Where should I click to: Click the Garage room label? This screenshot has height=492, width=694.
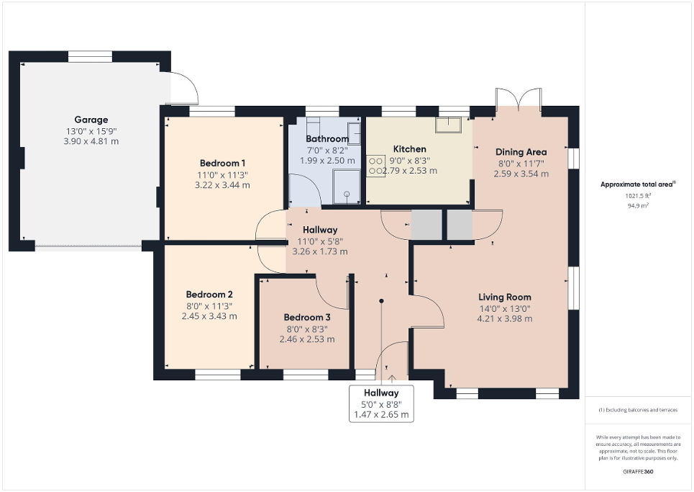pos(91,120)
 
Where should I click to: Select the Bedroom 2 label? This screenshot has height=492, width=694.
pos(209,294)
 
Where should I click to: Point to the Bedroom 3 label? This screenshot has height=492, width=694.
pos(307,318)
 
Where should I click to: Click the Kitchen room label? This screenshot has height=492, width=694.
pos(409,149)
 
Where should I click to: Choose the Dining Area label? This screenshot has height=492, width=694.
pos(521,152)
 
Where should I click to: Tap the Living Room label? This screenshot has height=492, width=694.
pos(505,297)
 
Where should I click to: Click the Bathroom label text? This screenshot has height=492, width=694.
pos(327,138)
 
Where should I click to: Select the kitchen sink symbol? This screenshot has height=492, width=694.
pos(451,125)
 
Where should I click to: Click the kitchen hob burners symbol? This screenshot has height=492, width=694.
pos(375,166)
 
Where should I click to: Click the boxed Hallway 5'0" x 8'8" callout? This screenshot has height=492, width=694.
pos(381,403)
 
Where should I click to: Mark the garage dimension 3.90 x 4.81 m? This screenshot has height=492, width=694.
pos(91,141)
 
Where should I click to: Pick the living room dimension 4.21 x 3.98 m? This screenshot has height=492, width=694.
pos(505,318)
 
